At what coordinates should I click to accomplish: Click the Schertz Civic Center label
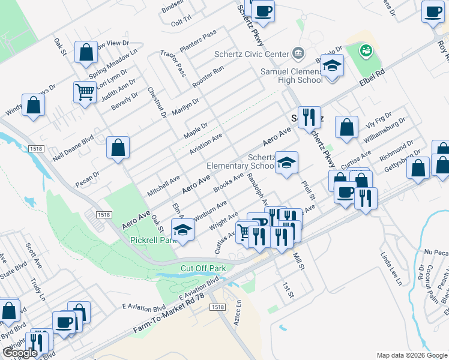(252, 54)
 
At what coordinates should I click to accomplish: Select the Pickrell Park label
(151, 240)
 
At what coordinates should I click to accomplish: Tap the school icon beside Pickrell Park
(182, 230)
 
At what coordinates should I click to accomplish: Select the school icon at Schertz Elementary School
(286, 163)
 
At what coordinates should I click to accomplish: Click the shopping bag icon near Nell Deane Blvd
(118, 147)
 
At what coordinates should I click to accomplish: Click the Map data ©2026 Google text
(411, 355)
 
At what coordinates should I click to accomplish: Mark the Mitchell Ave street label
(164, 185)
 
